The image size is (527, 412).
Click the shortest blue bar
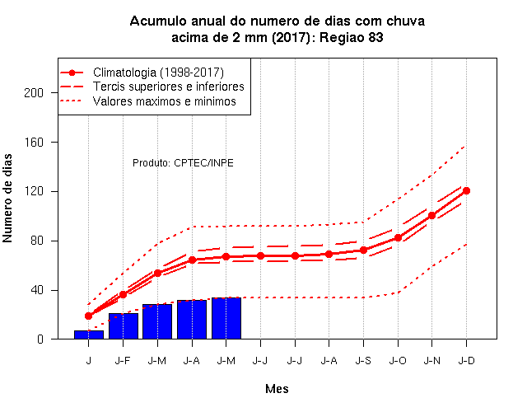(89, 335)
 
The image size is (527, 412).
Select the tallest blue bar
(226, 318)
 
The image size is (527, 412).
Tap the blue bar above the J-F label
(124, 326)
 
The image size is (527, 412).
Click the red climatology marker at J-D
(466, 190)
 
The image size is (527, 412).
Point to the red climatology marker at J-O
(398, 238)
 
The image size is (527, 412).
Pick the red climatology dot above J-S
(363, 250)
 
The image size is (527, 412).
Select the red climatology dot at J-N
(431, 216)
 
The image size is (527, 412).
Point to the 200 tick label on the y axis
(34, 92)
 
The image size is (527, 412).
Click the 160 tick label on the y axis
(34, 142)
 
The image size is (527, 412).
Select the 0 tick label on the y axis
(40, 339)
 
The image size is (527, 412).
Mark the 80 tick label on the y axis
(37, 241)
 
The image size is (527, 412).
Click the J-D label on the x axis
(466, 361)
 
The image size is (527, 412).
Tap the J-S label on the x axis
(363, 361)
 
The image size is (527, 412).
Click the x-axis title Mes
(277, 389)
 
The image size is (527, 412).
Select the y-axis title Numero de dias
(7, 198)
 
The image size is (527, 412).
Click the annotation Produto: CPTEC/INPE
(183, 163)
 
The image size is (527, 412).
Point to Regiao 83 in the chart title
(351, 37)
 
